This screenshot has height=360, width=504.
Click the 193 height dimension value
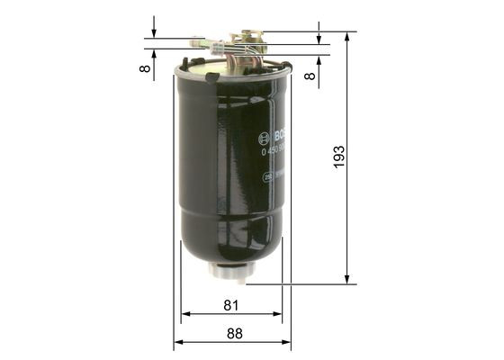pos(339,157)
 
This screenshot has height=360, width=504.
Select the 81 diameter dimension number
pos(232,305)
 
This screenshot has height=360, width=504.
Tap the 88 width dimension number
pos(234,333)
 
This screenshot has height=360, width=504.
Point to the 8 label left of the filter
pos(144,68)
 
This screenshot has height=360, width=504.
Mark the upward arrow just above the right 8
pos(319,60)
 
